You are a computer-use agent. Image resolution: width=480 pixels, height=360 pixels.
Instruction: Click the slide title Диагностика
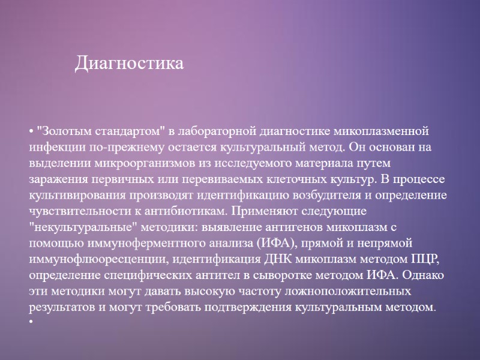(129, 63)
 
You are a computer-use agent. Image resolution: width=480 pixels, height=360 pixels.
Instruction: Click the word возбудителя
(316, 196)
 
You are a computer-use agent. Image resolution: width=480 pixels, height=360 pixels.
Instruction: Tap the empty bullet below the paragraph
(31, 322)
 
